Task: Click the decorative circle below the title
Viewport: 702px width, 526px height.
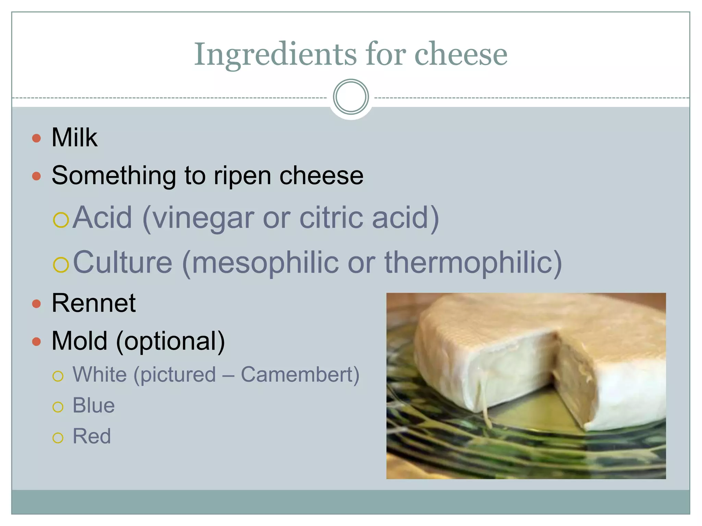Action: [351, 97]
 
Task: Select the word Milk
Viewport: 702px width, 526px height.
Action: [74, 138]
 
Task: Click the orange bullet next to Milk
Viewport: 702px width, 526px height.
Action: [36, 138]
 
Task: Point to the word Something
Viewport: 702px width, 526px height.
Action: [113, 175]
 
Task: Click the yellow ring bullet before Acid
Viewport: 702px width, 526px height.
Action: [61, 220]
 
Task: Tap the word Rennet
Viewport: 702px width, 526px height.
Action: [94, 303]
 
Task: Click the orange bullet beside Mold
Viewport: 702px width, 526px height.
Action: [36, 341]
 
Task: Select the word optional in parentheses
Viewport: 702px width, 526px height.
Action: [170, 341]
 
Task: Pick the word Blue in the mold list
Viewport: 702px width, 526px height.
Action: [94, 405]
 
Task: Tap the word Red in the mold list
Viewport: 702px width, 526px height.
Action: [92, 436]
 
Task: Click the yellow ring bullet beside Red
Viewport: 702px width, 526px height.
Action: [58, 438]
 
